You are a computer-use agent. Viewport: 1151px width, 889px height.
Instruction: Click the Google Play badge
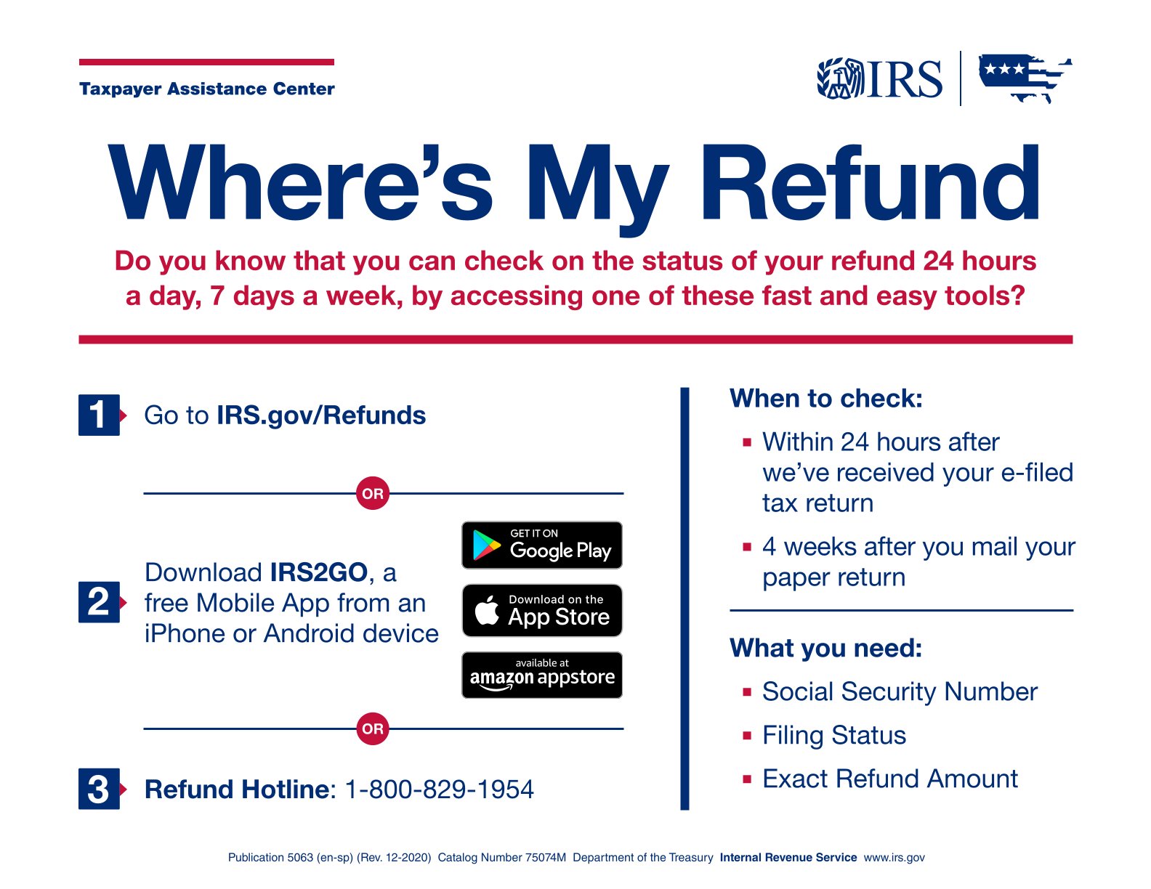click(x=542, y=545)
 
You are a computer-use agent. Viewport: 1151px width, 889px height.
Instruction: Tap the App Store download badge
click(x=542, y=611)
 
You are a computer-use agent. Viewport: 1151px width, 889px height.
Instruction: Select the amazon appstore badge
click(x=542, y=675)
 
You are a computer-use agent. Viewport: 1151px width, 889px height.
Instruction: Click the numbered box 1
click(x=99, y=415)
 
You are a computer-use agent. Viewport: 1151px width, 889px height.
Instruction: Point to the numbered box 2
click(x=99, y=603)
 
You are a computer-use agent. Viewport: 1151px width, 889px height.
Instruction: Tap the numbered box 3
click(x=99, y=789)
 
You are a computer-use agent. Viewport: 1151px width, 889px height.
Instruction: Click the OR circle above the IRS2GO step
click(x=373, y=493)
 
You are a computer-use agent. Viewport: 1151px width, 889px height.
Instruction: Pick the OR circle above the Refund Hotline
click(x=373, y=728)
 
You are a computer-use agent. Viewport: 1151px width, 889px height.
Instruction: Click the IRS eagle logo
click(x=880, y=79)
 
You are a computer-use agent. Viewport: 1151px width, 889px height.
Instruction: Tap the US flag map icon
click(x=1025, y=78)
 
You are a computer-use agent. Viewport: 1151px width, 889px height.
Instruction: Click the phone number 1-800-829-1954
click(x=439, y=789)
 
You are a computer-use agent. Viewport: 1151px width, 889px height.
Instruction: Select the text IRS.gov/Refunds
click(x=321, y=415)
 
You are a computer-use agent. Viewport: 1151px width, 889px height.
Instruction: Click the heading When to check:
click(x=825, y=398)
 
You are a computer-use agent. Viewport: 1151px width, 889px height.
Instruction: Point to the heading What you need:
click(x=825, y=648)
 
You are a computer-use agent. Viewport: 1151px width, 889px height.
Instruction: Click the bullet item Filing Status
click(x=833, y=736)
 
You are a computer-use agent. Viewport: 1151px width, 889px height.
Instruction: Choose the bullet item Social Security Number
click(x=900, y=691)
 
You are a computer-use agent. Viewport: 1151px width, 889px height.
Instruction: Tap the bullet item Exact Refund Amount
click(x=890, y=779)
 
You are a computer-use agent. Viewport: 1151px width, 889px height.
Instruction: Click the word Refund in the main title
click(x=870, y=183)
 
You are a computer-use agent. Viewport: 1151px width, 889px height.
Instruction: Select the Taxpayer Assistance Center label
click(x=206, y=89)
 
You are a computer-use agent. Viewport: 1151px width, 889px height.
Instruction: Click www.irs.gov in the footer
click(x=894, y=858)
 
